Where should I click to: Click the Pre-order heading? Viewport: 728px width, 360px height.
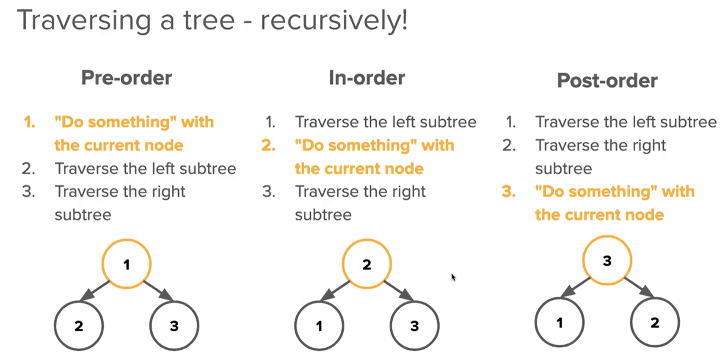(127, 78)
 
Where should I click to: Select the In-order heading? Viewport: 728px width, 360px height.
(367, 78)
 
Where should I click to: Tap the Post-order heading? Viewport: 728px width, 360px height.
(607, 80)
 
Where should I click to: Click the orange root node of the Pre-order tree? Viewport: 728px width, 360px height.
(126, 264)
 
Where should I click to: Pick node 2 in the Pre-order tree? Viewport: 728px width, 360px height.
(79, 325)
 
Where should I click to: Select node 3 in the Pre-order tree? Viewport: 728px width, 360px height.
(174, 325)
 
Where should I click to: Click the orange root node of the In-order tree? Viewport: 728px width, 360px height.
(367, 264)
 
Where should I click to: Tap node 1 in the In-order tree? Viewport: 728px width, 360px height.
(319, 325)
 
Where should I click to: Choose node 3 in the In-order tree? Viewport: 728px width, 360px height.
(414, 325)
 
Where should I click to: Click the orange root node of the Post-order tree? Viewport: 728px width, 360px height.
(607, 261)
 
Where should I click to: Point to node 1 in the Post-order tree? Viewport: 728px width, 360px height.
(560, 322)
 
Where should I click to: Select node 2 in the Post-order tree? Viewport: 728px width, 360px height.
(655, 322)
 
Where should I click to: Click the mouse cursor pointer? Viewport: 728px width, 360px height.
(453, 277)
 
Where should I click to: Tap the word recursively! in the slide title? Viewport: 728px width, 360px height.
(334, 20)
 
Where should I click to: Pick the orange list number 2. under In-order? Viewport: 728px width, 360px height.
(268, 146)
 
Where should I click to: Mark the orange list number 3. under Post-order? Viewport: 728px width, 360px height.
(509, 192)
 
